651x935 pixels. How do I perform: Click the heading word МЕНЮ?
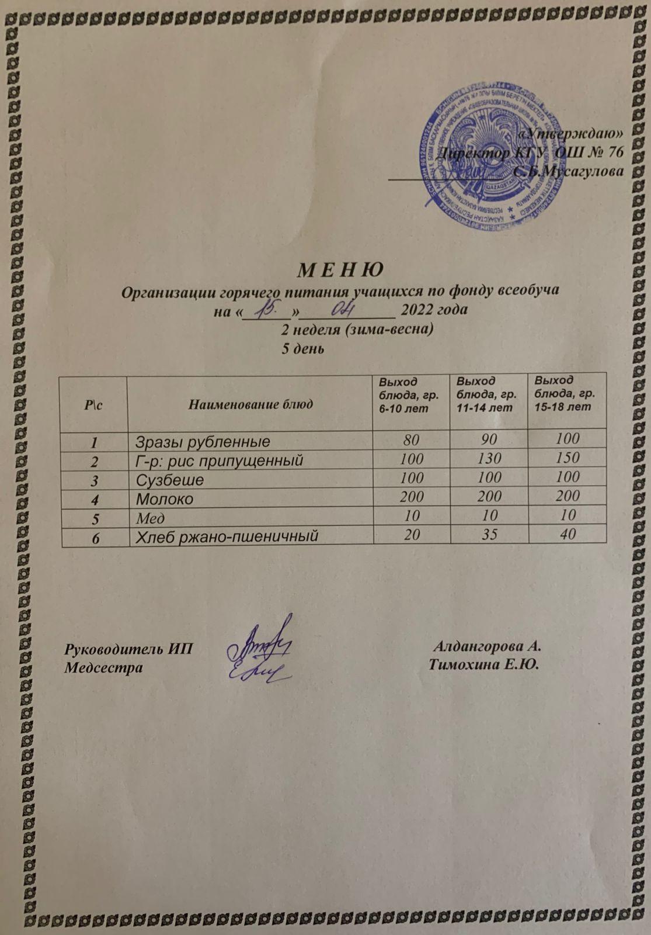tap(341, 271)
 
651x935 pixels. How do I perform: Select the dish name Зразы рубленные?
tap(203, 441)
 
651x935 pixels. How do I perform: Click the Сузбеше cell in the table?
tap(170, 480)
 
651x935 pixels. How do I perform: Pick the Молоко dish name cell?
tap(165, 498)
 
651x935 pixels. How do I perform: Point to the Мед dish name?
tap(150, 518)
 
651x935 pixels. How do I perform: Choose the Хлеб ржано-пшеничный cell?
tap(227, 536)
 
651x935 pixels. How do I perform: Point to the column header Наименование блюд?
tap(250, 404)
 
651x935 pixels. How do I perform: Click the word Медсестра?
tap(103, 666)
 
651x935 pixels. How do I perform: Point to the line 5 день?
tap(303, 349)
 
